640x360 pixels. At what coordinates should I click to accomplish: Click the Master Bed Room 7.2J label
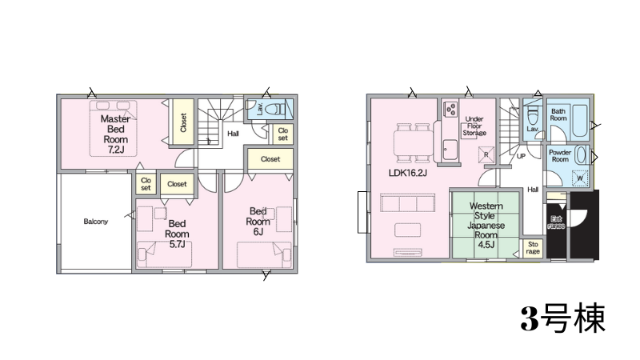[x=115, y=134]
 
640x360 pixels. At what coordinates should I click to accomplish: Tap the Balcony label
[x=95, y=222]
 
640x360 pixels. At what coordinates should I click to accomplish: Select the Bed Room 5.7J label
[x=177, y=234]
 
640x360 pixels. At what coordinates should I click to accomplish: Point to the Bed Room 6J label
[x=258, y=222]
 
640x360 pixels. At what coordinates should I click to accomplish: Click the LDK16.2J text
[x=408, y=173]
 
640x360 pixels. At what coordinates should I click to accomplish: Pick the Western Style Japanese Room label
[x=486, y=226]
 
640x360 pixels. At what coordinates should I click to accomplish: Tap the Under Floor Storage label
[x=474, y=126]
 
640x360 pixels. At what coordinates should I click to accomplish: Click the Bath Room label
[x=558, y=114]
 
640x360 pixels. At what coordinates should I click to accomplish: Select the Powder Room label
[x=560, y=156]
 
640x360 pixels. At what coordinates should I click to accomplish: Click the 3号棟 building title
[x=563, y=318]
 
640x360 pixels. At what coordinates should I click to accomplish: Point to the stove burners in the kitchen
[x=450, y=109]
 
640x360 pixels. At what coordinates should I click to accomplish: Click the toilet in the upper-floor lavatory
[x=276, y=109]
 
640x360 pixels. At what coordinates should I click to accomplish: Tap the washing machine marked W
[x=580, y=178]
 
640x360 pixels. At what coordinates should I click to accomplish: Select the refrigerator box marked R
[x=486, y=154]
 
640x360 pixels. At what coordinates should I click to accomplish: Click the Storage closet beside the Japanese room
[x=533, y=248]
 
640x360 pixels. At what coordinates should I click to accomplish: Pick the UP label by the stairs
[x=522, y=156]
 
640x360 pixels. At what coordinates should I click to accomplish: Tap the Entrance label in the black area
[x=556, y=222]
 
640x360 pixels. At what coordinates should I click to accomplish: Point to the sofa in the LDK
[x=408, y=203]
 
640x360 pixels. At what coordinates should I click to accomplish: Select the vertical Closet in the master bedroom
[x=182, y=122]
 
